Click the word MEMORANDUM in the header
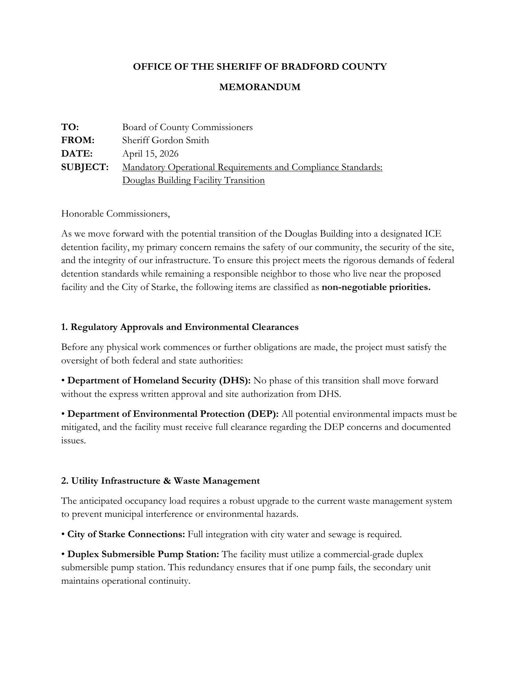[x=260, y=87]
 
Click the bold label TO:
[x=70, y=127]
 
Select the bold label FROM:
[x=77, y=140]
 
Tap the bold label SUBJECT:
[x=85, y=167]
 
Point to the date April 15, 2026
[x=150, y=154]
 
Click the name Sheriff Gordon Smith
[x=165, y=140]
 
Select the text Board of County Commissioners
[x=187, y=127]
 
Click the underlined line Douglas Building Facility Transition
[x=193, y=180]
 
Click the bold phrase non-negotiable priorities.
[x=376, y=287]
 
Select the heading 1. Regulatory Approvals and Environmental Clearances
[x=179, y=327]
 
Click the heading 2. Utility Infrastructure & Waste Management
[x=160, y=481]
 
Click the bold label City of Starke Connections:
[x=126, y=534]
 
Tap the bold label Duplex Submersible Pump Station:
[x=143, y=554]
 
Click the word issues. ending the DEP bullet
[x=73, y=441]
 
